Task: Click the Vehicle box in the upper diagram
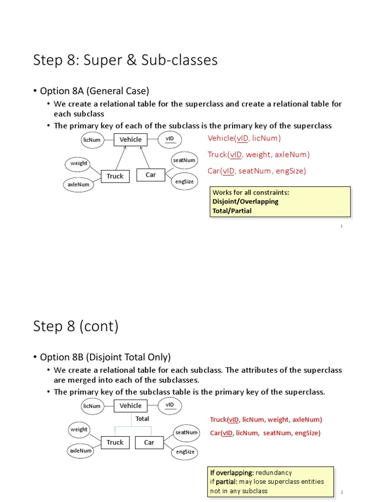click(x=130, y=140)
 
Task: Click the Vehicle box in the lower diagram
click(x=130, y=406)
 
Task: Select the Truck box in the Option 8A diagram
click(x=115, y=176)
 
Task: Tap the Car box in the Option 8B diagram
click(x=149, y=443)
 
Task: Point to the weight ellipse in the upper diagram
click(x=79, y=163)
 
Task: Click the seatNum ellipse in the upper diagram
click(x=184, y=160)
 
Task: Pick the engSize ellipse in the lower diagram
click(x=185, y=452)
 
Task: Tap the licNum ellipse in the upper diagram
click(x=92, y=140)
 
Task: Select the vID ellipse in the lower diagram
click(x=170, y=405)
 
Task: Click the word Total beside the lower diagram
click(x=142, y=419)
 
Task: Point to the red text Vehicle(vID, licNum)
click(x=244, y=138)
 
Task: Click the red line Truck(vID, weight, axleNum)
click(x=258, y=155)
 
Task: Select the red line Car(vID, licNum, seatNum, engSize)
click(x=265, y=433)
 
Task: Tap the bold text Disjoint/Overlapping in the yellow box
click(x=245, y=201)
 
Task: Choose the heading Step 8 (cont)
click(x=76, y=326)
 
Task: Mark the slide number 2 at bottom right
click(x=342, y=492)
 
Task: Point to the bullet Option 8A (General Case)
click(x=94, y=91)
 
